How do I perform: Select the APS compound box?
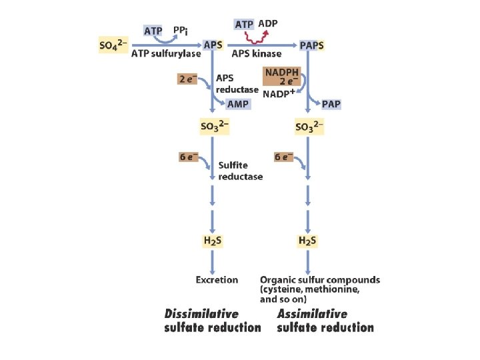pyautogui.click(x=213, y=44)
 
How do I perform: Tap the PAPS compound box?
pyautogui.click(x=312, y=45)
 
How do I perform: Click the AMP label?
pyautogui.click(x=238, y=105)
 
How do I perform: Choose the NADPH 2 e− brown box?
pyautogui.click(x=283, y=77)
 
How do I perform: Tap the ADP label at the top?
pyautogui.click(x=268, y=24)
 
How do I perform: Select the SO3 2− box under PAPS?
pyautogui.click(x=309, y=126)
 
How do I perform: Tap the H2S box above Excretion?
pyautogui.click(x=212, y=240)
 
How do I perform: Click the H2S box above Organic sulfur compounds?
pyautogui.click(x=307, y=240)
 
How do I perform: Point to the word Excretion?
pyautogui.click(x=217, y=280)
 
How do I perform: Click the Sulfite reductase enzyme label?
pyautogui.click(x=240, y=171)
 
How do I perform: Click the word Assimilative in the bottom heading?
pyautogui.click(x=312, y=313)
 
